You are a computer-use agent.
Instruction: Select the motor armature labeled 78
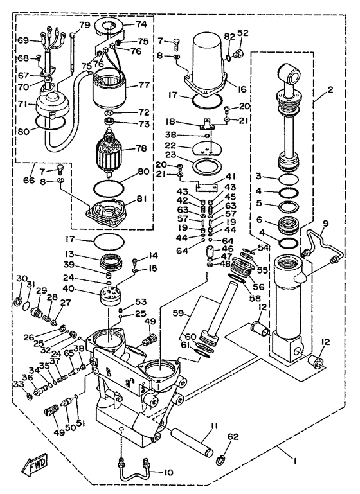click(x=113, y=152)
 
